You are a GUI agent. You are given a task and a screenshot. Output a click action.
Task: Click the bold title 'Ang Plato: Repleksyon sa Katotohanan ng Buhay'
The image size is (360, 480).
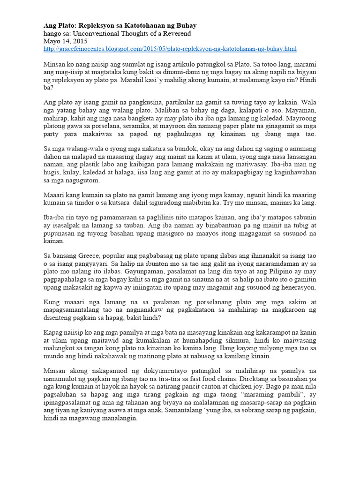click(120, 25)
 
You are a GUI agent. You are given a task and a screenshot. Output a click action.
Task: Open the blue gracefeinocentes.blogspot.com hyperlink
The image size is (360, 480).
click(170, 49)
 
